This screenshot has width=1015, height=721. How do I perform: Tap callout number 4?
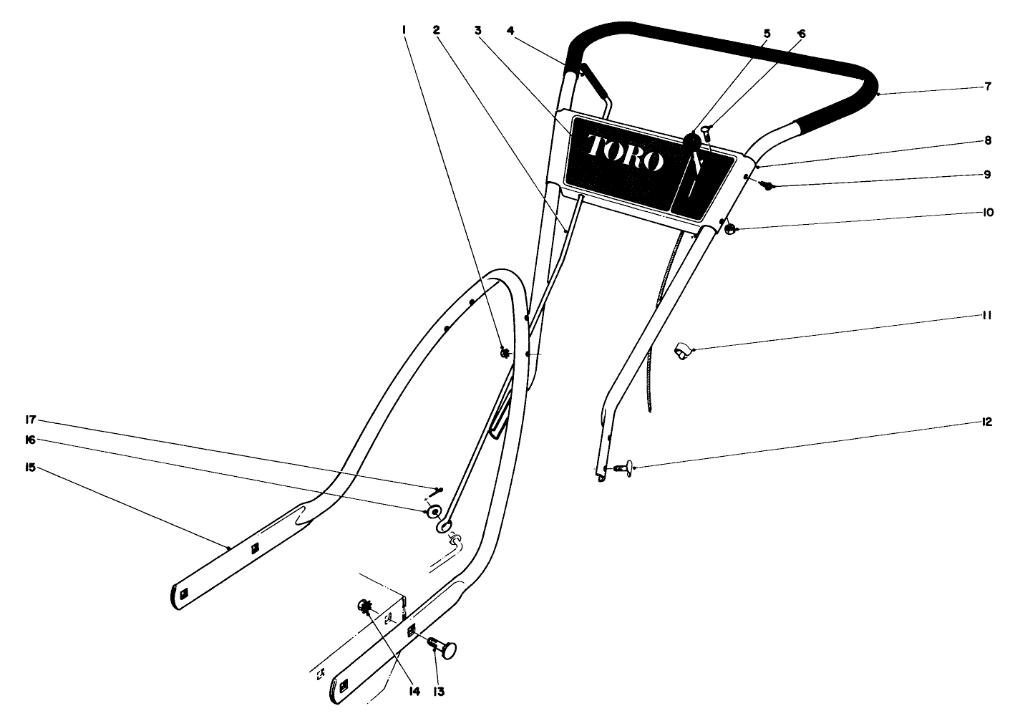[x=510, y=30]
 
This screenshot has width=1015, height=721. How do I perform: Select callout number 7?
[x=987, y=87]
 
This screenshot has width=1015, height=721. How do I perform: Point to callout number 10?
[x=988, y=213]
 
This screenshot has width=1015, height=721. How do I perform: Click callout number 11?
[x=988, y=315]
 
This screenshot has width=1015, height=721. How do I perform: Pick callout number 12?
[x=987, y=422]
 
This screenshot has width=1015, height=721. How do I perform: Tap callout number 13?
[x=439, y=692]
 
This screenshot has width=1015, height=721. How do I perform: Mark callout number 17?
[x=31, y=420]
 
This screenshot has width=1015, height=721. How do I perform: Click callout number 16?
[x=31, y=440]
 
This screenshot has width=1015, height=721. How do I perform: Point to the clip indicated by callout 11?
[x=682, y=351]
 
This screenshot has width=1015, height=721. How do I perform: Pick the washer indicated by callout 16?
[x=432, y=512]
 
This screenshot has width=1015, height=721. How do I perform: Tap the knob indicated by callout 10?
[x=729, y=229]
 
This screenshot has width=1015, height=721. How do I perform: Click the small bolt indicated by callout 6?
[x=706, y=130]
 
